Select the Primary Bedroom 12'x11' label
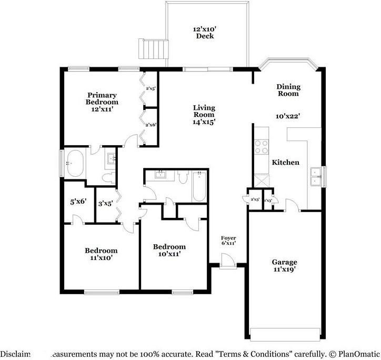tap(102, 102)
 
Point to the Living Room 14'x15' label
tap(204, 114)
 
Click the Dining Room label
tap(288, 90)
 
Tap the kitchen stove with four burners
tap(261, 147)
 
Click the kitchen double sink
tap(316, 176)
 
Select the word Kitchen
tap(285, 162)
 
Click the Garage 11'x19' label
tap(284, 266)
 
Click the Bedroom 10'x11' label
tap(169, 250)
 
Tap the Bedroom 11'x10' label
tap(101, 254)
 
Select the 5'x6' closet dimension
tap(78, 201)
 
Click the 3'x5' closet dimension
tap(106, 203)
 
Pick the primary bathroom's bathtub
tap(76, 164)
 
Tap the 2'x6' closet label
tap(151, 125)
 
